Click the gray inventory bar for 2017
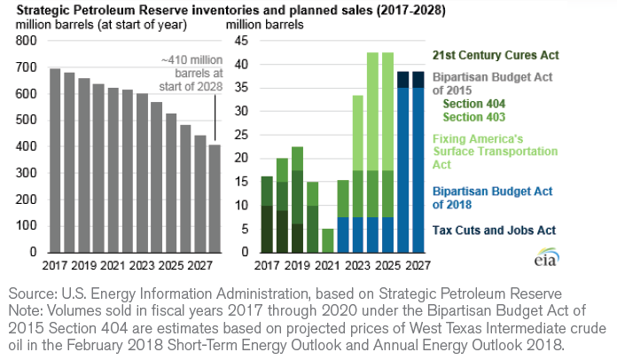click(x=55, y=160)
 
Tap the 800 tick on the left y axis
click(x=27, y=42)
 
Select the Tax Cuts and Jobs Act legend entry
click(x=494, y=230)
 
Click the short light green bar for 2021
click(x=328, y=240)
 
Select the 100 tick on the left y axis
click(x=27, y=226)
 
